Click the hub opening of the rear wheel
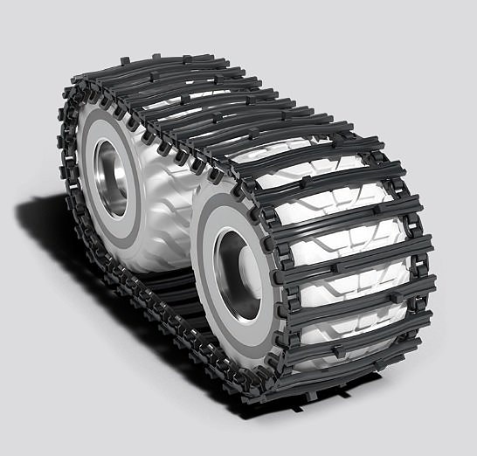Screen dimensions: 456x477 (109, 178)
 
